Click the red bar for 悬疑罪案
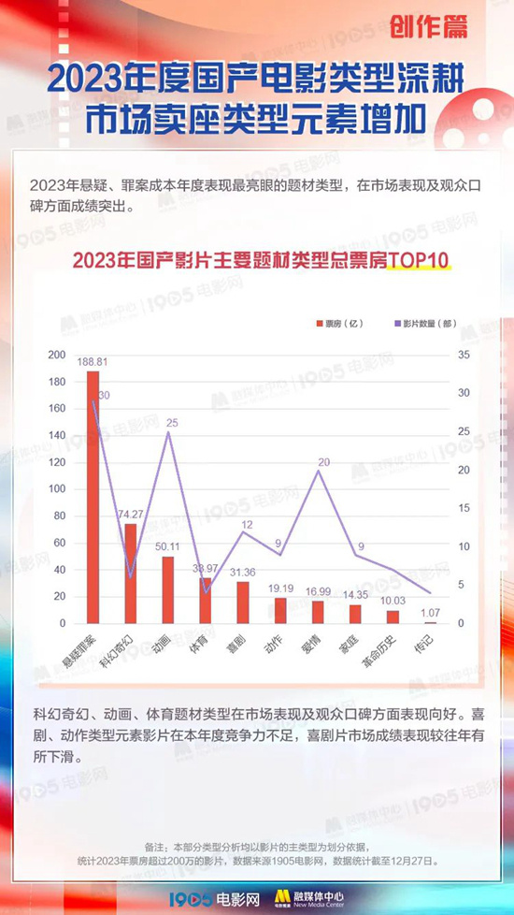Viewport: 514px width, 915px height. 93,497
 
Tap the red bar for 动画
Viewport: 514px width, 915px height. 168,589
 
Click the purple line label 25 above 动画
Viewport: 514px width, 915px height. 172,424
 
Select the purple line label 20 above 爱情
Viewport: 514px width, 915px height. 323,462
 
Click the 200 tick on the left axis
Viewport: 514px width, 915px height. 57,355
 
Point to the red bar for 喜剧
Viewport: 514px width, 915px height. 243,603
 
